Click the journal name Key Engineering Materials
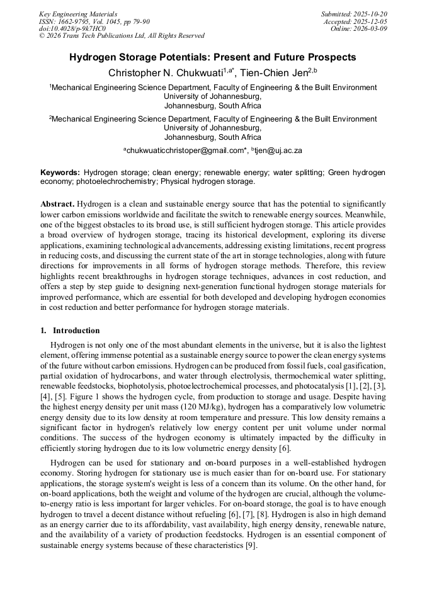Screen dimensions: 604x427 pos(78,14)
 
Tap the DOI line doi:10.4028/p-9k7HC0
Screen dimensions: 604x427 pos(72,28)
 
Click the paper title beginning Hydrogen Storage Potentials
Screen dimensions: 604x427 pos(213,57)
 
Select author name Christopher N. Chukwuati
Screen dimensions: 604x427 pos(166,73)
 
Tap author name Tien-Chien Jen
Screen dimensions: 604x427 pos(273,73)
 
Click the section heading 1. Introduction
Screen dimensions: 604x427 pos(70,331)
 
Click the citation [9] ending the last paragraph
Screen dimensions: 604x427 pos(251,545)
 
